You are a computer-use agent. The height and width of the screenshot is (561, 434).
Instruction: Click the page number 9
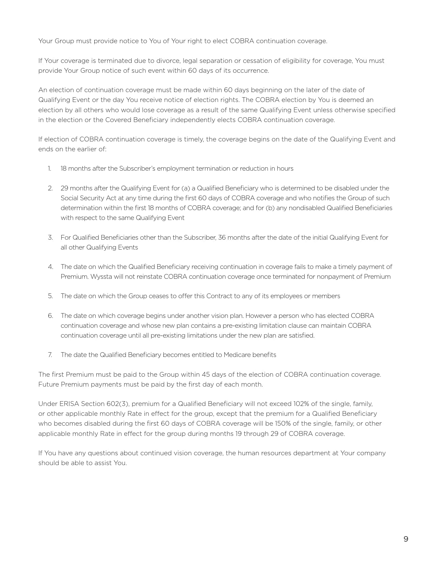click(x=405, y=539)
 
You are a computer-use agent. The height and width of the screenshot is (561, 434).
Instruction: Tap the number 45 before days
click(x=206, y=374)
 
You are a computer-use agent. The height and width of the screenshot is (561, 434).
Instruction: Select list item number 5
click(x=50, y=296)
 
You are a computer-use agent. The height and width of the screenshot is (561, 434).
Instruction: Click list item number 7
click(x=50, y=355)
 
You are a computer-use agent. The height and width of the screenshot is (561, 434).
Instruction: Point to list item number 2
click(x=50, y=188)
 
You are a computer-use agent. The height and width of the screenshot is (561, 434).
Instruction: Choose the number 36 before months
click(x=222, y=237)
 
